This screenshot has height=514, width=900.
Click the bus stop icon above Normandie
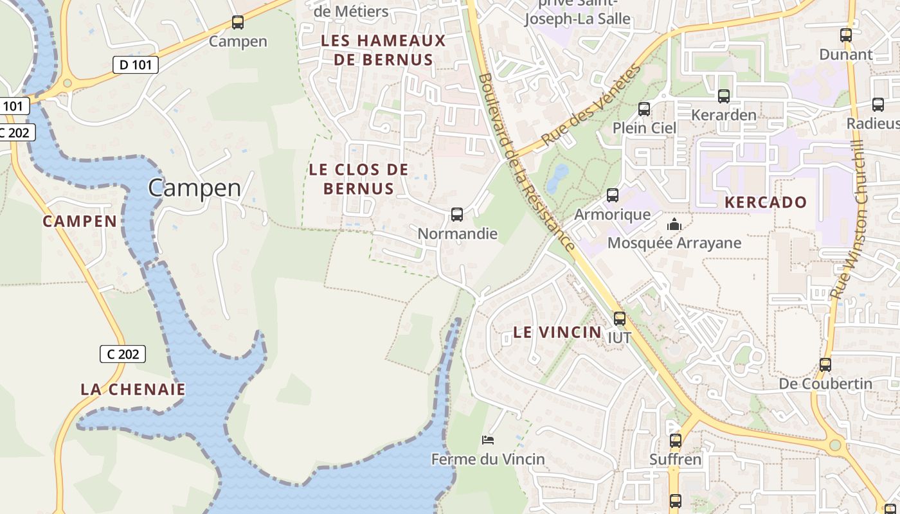click(457, 215)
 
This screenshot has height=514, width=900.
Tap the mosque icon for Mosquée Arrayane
click(674, 224)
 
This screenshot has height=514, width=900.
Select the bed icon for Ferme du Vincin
click(488, 440)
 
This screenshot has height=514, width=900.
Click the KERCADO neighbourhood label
click(765, 202)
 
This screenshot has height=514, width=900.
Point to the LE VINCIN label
click(557, 332)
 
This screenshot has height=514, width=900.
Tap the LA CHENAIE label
click(133, 389)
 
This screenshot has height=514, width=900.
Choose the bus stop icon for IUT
click(620, 318)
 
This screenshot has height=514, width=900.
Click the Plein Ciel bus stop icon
click(644, 109)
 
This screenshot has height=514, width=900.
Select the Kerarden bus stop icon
click(724, 96)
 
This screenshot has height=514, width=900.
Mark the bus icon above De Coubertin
click(825, 365)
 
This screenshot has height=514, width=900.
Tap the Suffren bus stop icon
click(675, 441)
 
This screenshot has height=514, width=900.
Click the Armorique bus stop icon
click(613, 195)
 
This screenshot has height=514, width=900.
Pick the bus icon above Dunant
click(846, 35)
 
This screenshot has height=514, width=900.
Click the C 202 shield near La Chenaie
click(123, 354)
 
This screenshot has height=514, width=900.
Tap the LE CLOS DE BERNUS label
click(359, 179)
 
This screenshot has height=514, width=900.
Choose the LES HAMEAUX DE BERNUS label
click(383, 50)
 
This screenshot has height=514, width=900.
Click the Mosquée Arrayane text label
click(674, 244)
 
